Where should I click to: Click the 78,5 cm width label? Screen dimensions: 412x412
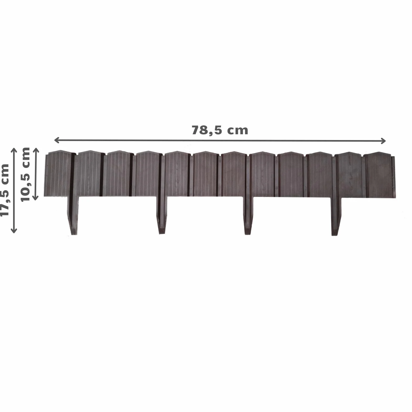pos(220,130)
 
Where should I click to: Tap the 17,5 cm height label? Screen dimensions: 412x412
pos(5,190)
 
